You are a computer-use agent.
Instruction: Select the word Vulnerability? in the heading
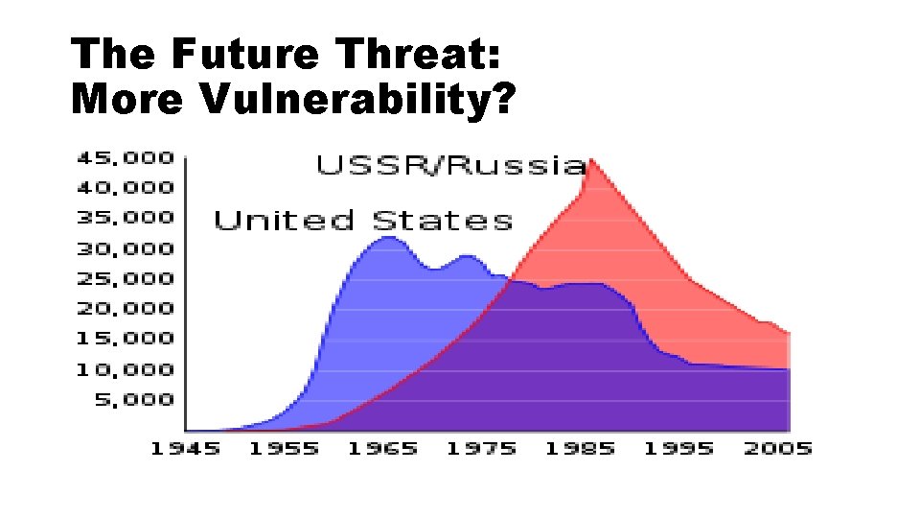click(357, 99)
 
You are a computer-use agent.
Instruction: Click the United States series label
click(363, 221)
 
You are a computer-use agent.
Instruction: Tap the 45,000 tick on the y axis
click(126, 156)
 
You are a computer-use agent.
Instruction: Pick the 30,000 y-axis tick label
click(126, 248)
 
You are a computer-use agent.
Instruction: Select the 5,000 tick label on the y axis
click(133, 399)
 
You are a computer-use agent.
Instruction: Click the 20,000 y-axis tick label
click(126, 308)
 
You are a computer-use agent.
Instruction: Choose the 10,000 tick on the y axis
click(126, 369)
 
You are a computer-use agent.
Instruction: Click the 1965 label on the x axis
click(382, 449)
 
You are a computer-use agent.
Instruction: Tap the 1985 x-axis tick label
click(579, 449)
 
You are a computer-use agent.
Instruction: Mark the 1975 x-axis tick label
click(480, 449)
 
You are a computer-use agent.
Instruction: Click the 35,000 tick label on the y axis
click(126, 217)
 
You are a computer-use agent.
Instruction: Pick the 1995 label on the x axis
click(678, 449)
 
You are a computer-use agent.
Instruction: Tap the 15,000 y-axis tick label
click(126, 338)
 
